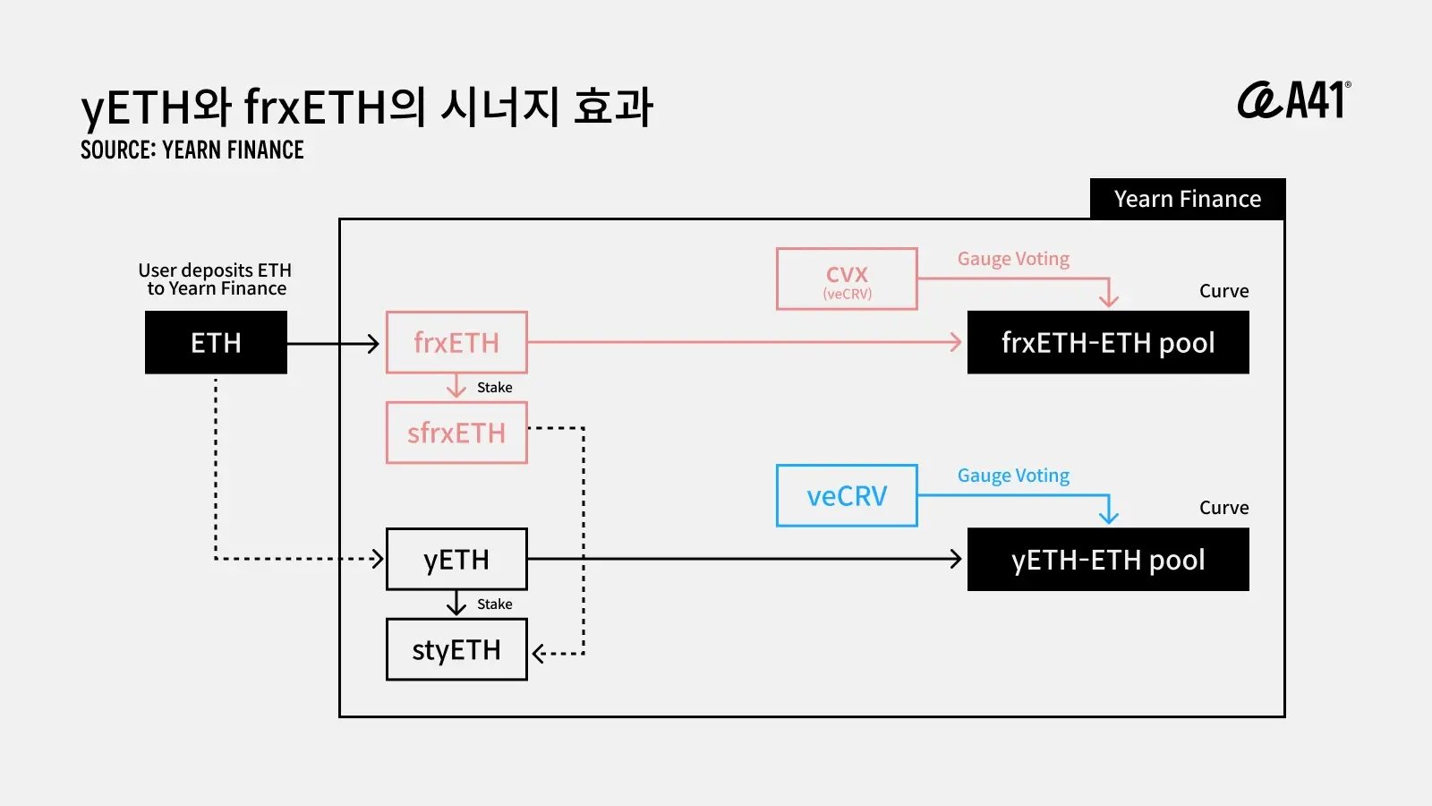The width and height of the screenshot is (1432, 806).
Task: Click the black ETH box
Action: [x=216, y=342]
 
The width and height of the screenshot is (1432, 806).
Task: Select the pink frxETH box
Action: [x=456, y=342]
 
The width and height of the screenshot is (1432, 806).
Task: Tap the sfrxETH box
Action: [x=456, y=433]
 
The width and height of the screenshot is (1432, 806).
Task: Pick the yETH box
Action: [x=456, y=559]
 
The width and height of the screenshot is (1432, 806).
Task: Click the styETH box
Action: [x=456, y=649]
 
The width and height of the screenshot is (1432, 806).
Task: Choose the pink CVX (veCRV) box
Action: [x=847, y=279]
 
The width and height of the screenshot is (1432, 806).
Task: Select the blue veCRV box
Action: [x=847, y=495]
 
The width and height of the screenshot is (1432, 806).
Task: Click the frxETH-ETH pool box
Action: [x=1108, y=342]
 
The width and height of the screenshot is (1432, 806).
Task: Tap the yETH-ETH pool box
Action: [x=1108, y=559]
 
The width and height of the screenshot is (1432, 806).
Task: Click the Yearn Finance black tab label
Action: [x=1187, y=199]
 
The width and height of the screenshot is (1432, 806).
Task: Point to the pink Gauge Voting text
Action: [x=1013, y=259]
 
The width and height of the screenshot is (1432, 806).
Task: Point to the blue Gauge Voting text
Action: [x=1013, y=476]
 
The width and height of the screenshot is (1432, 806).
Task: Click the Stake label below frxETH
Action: [x=494, y=388]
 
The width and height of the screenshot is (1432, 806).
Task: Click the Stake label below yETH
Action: [x=494, y=604]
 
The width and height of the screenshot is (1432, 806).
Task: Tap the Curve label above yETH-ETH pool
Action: [x=1223, y=508]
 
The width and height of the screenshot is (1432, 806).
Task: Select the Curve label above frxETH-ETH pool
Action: [x=1223, y=291]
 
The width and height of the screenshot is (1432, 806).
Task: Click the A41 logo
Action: [x=1294, y=100]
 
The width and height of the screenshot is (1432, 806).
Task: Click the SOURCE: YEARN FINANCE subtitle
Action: [x=192, y=150]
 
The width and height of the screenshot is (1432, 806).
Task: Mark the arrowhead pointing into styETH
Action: [x=538, y=653]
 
